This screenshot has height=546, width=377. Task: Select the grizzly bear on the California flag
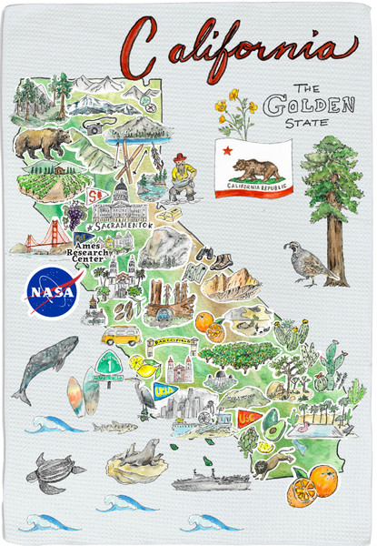click(258, 170)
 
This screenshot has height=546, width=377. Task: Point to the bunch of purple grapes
click(73, 217)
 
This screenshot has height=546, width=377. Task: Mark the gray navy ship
click(209, 480)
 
